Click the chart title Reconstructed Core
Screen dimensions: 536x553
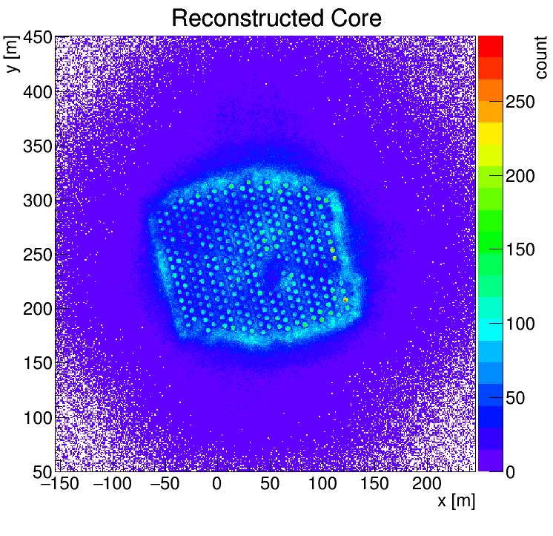(x=276, y=18)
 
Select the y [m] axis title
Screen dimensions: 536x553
(x=13, y=57)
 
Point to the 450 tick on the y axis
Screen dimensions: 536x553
(x=36, y=38)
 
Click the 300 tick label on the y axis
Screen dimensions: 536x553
(x=36, y=201)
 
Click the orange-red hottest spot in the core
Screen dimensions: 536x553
(x=345, y=300)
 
